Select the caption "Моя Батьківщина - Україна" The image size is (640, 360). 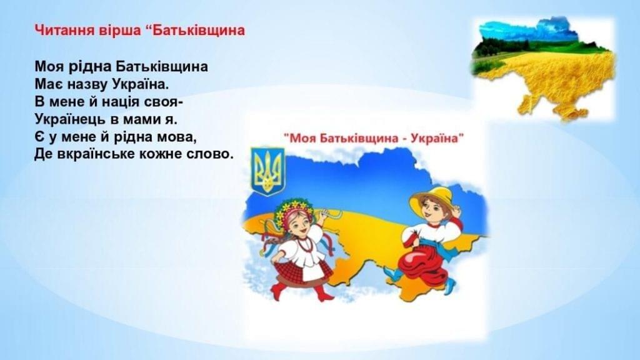[x=374, y=138]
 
